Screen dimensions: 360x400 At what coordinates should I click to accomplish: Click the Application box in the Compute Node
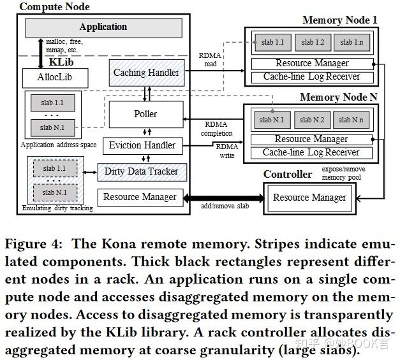pos(103,27)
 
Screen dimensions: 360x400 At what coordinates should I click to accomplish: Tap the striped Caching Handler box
pos(146,73)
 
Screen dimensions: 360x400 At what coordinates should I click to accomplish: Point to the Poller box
pos(145,114)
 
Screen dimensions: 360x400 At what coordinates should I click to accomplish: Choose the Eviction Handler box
pos(142,146)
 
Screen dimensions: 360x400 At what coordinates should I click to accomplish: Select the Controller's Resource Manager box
pos(309,198)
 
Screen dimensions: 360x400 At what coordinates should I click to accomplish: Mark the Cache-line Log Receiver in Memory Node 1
pos(311,76)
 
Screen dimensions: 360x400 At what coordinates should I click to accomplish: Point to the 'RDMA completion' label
pos(216,129)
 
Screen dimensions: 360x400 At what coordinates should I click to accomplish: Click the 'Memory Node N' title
pos(338,97)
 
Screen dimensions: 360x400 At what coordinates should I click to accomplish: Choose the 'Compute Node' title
pos(54,7)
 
